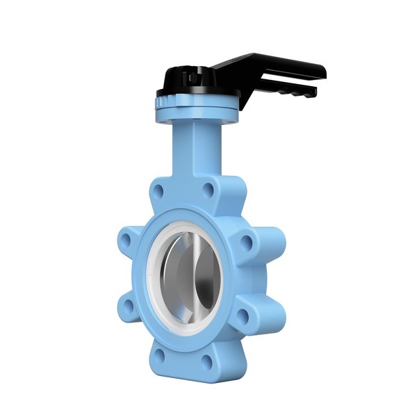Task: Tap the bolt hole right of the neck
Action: (209, 188)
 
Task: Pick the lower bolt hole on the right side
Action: (243, 316)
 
